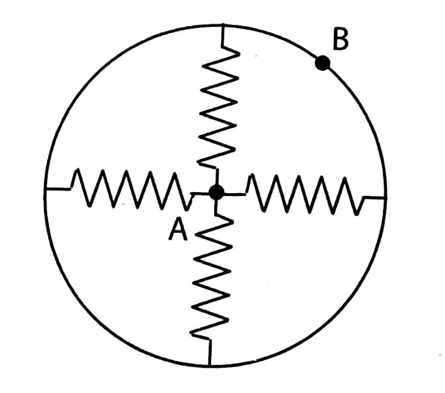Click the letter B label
pyautogui.click(x=340, y=40)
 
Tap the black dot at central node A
pyautogui.click(x=216, y=192)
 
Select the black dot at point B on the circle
pyautogui.click(x=322, y=63)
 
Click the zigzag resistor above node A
pyautogui.click(x=219, y=106)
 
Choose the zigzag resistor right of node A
pyautogui.click(x=304, y=195)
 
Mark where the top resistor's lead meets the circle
pyautogui.click(x=223, y=25)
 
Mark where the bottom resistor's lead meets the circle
pyautogui.click(x=209, y=365)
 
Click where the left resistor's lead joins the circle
pyautogui.click(x=46, y=188)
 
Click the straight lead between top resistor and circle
pyautogui.click(x=223, y=35)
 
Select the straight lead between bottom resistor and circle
pyautogui.click(x=210, y=352)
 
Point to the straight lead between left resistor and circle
pyautogui.click(x=58, y=188)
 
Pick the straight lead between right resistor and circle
pyautogui.click(x=374, y=197)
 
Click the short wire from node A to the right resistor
pyautogui.click(x=235, y=194)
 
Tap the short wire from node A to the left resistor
pyautogui.click(x=201, y=193)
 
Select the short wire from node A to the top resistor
pyautogui.click(x=217, y=177)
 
